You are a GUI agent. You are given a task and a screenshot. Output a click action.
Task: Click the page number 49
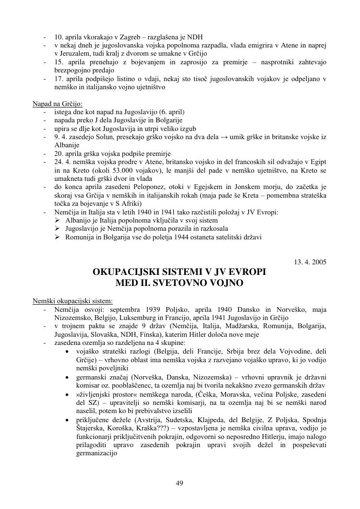coord(180,483)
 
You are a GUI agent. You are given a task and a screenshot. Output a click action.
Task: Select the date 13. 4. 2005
coord(310,262)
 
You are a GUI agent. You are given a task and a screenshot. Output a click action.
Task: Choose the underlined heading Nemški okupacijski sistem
coord(72,301)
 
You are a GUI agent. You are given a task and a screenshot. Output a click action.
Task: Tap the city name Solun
coord(101,137)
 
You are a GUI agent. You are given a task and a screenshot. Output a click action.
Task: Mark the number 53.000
coord(113,170)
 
